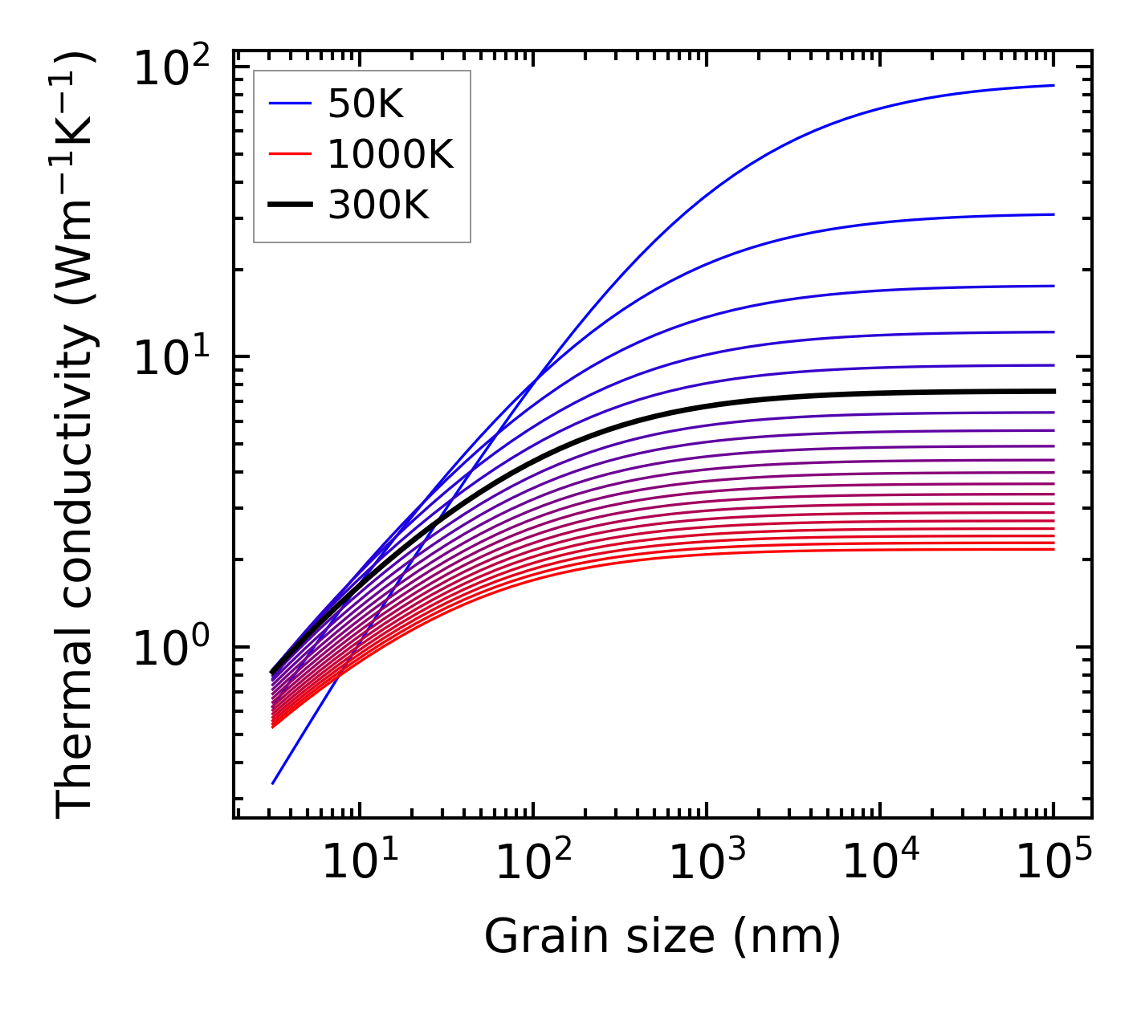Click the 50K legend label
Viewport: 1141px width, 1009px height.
coord(365,103)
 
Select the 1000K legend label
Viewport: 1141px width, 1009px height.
coord(390,154)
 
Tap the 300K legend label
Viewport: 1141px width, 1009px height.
coord(377,205)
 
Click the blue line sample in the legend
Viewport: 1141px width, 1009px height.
coord(289,103)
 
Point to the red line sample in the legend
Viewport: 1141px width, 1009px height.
coord(289,154)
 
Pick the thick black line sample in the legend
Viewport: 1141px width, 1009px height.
coord(289,205)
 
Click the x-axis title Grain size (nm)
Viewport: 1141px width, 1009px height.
coord(662,936)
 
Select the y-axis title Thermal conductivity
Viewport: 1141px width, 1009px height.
coord(76,433)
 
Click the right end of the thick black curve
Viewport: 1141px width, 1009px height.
coord(1053,391)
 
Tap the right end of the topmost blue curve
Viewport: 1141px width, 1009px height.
coord(1053,85)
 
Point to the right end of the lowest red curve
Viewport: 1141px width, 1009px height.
coord(1053,549)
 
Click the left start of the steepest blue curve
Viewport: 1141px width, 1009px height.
coord(273,783)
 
